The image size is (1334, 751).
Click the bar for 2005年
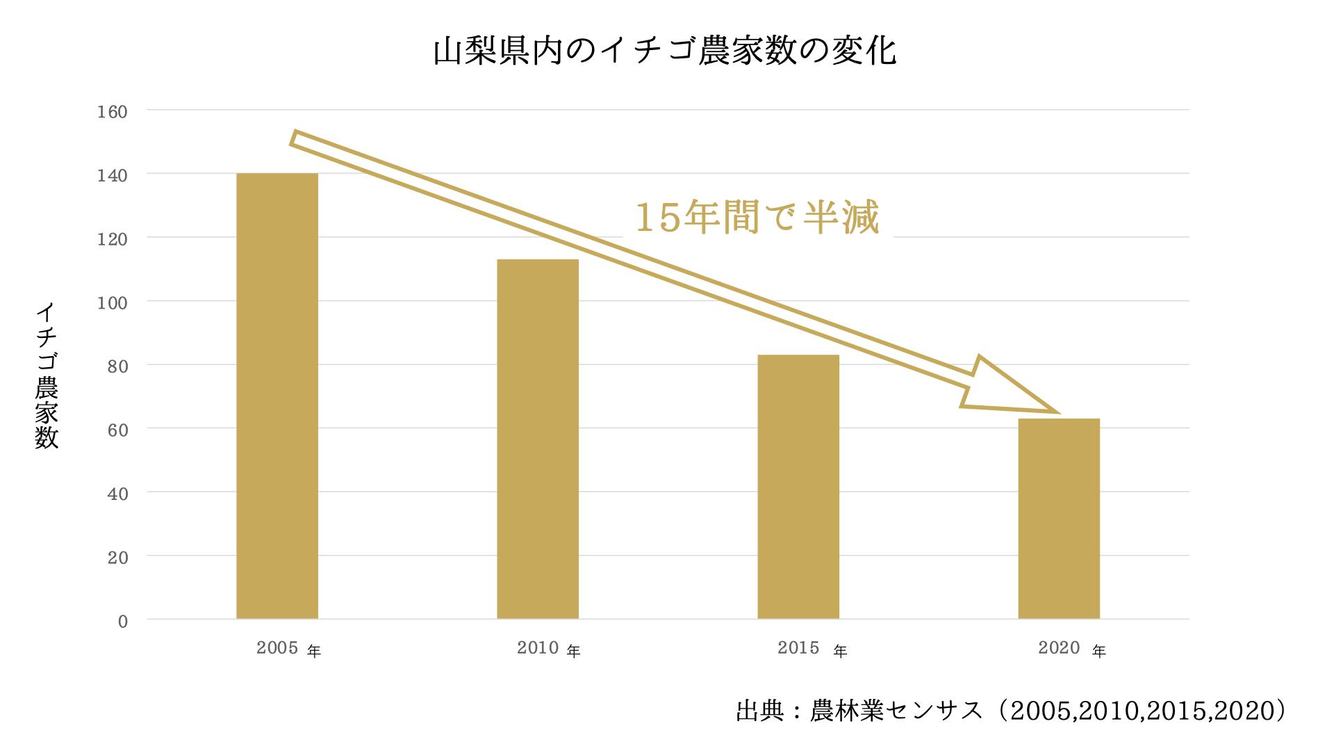click(277, 396)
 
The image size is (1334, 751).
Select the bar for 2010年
click(538, 439)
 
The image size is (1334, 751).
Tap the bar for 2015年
click(798, 487)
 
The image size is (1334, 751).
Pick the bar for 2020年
click(1059, 519)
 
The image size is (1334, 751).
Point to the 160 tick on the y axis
click(113, 111)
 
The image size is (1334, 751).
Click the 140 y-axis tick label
click(113, 175)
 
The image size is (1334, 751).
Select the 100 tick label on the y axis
click(113, 302)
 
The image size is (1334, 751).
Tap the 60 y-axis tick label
click(117, 430)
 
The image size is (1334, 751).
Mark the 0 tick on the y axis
click(122, 621)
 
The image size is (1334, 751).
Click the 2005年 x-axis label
click(288, 649)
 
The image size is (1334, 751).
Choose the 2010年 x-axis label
click(549, 649)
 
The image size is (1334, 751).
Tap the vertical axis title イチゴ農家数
click(47, 375)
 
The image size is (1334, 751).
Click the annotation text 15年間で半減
click(757, 217)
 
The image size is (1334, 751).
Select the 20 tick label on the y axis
click(117, 557)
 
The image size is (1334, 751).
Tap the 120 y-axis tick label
click(113, 239)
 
